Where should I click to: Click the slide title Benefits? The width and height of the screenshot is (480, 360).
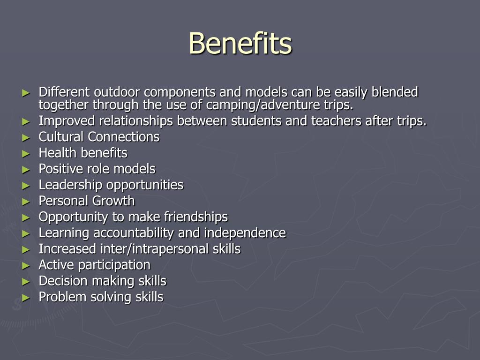point(240,43)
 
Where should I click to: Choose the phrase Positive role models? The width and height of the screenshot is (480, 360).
point(97,169)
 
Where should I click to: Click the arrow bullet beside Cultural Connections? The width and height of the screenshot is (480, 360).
point(26,138)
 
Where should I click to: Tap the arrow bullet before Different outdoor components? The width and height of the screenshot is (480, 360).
point(26,93)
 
